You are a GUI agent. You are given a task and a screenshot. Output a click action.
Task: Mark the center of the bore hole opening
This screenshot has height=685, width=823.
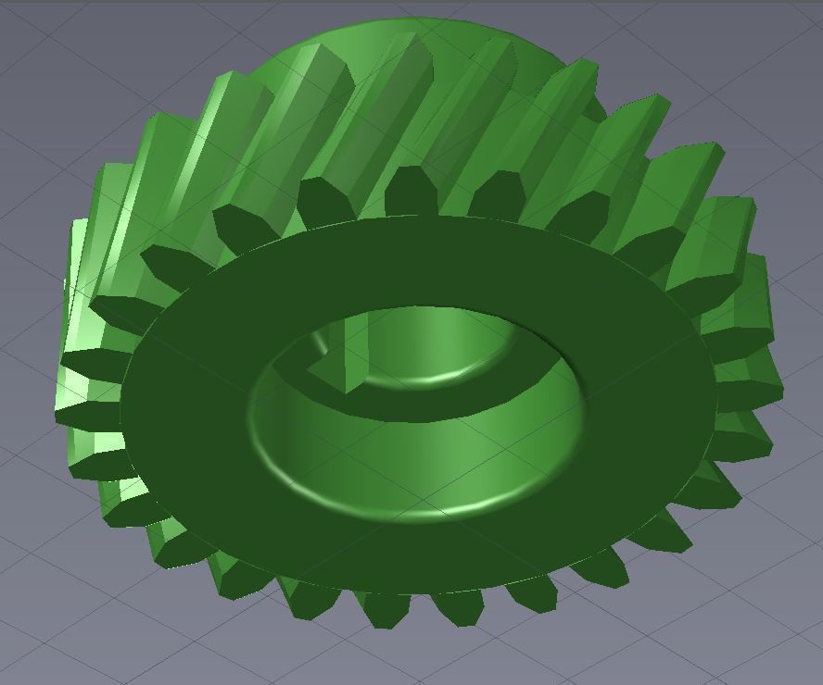click(x=417, y=407)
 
